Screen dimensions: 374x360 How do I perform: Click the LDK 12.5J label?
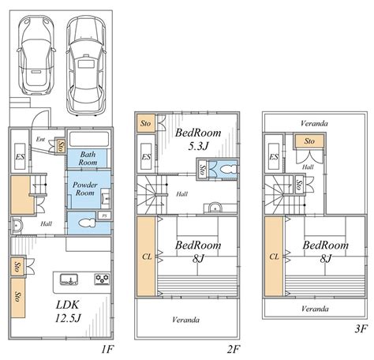pyautogui.click(x=68, y=312)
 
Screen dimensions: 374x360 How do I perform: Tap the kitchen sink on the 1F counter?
pyautogui.click(x=69, y=279)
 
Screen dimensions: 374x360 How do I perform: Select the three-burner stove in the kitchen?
pyautogui.click(x=102, y=279)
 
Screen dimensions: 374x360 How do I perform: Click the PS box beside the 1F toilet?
pyautogui.click(x=104, y=216)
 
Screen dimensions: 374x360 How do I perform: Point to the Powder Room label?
pyautogui.click(x=84, y=189)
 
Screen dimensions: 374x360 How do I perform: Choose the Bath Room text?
pyautogui.click(x=88, y=158)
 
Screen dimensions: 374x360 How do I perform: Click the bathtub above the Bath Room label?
pyautogui.click(x=88, y=138)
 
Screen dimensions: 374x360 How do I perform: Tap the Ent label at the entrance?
pyautogui.click(x=40, y=139)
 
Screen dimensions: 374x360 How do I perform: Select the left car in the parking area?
pyautogui.click(x=36, y=54)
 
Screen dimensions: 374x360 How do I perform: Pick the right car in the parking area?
pyautogui.click(x=86, y=66)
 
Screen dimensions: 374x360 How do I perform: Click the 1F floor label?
pyautogui.click(x=107, y=349)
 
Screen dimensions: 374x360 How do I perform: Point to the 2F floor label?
pyautogui.click(x=234, y=349)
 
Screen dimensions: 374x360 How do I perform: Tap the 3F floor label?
pyautogui.click(x=361, y=328)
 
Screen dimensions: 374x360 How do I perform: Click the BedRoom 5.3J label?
pyautogui.click(x=198, y=139)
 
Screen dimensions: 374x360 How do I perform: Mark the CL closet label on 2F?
pyautogui.click(x=147, y=257)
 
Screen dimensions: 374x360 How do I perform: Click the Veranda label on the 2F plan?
pyautogui.click(x=186, y=320)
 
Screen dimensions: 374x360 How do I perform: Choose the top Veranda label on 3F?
pyautogui.click(x=314, y=123)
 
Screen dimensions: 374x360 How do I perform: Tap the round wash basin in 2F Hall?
pyautogui.click(x=215, y=208)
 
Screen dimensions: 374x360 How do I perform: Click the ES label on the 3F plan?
pyautogui.click(x=274, y=157)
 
